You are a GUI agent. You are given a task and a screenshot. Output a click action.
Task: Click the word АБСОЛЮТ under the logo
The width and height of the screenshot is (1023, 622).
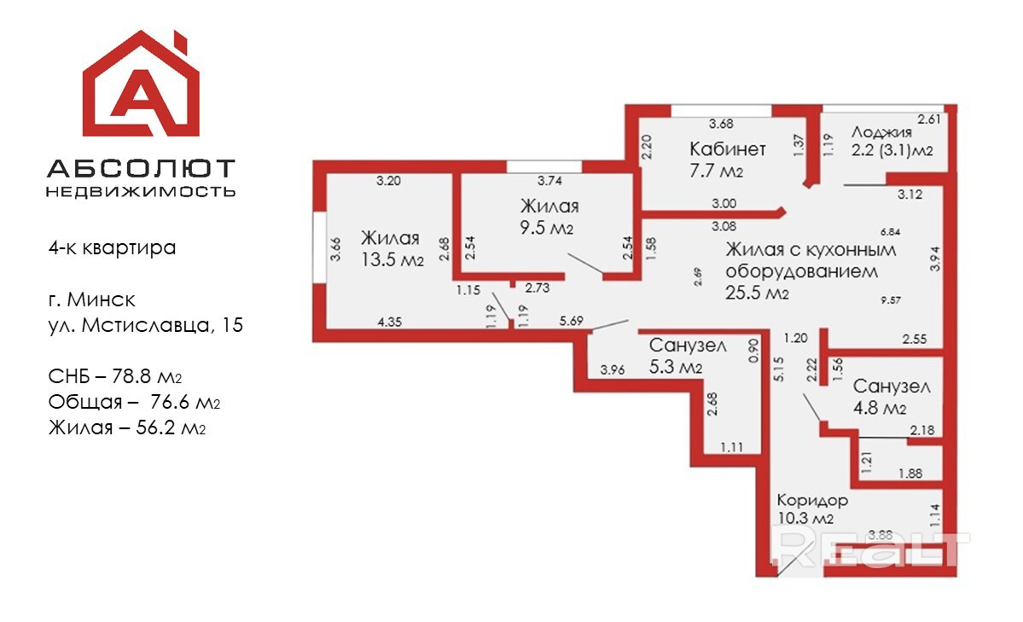[141, 168]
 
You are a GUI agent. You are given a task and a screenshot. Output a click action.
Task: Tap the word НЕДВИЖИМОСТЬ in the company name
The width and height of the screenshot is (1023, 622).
[141, 191]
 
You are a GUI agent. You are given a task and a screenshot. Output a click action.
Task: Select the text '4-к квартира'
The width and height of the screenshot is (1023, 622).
[112, 248]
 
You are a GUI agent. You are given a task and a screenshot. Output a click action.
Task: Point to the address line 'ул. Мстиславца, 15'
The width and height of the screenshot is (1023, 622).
[146, 324]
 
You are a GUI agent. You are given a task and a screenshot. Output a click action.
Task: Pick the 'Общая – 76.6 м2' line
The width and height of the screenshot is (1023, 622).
[128, 403]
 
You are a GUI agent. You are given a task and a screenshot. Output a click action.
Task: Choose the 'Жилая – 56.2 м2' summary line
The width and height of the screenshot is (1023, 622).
[128, 427]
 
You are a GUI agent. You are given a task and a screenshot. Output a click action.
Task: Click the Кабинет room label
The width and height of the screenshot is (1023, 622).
[728, 148]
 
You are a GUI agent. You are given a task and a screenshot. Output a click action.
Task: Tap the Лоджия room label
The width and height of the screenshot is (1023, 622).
[882, 132]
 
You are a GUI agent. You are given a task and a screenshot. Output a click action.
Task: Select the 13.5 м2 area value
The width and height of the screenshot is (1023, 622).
[392, 260]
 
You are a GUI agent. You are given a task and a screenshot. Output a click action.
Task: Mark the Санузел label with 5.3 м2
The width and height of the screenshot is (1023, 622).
[688, 346]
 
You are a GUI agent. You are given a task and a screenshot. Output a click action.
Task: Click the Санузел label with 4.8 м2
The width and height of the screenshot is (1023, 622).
[892, 387]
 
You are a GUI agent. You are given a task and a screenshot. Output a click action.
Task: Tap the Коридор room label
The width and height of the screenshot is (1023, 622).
[812, 500]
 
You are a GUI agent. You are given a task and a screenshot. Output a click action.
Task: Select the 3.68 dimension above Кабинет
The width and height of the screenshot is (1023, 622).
[722, 122]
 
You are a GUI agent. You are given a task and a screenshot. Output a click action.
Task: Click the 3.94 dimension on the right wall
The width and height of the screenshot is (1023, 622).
[935, 259]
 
